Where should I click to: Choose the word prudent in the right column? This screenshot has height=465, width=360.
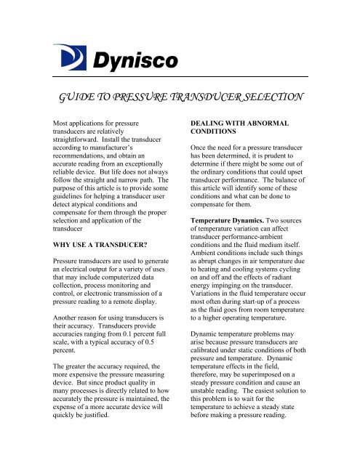point(297,165)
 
